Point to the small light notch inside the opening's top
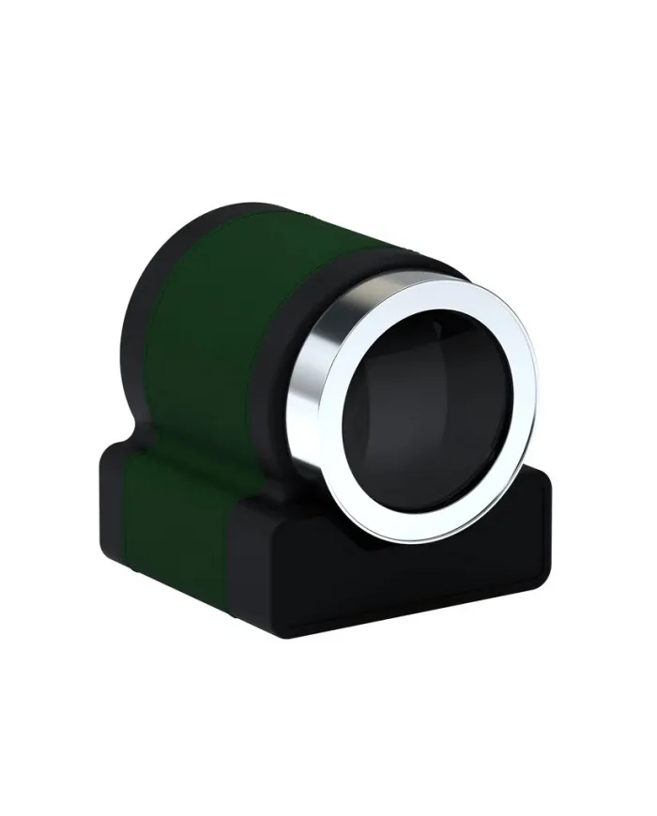pyautogui.click(x=437, y=328)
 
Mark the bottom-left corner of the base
pyautogui.click(x=105, y=563)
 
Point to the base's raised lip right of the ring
pyautogui.click(x=540, y=483)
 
